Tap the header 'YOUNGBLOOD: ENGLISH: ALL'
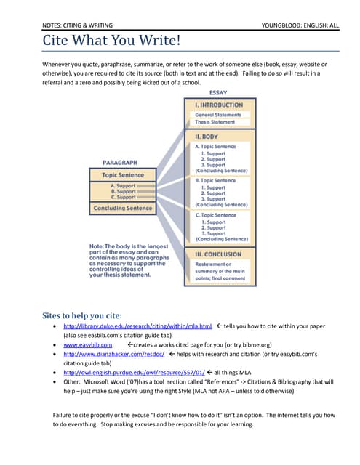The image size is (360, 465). tap(300, 25)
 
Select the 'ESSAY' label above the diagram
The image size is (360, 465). tap(217, 93)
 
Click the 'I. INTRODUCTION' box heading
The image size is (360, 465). tap(218, 105)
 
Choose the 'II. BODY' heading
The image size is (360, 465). tap(208, 136)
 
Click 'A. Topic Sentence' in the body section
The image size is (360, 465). tap(215, 147)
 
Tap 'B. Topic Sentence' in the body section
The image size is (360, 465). tap(215, 180)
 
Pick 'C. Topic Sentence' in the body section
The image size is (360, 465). tap(215, 215)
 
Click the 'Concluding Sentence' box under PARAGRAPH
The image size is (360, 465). tap(122, 209)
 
